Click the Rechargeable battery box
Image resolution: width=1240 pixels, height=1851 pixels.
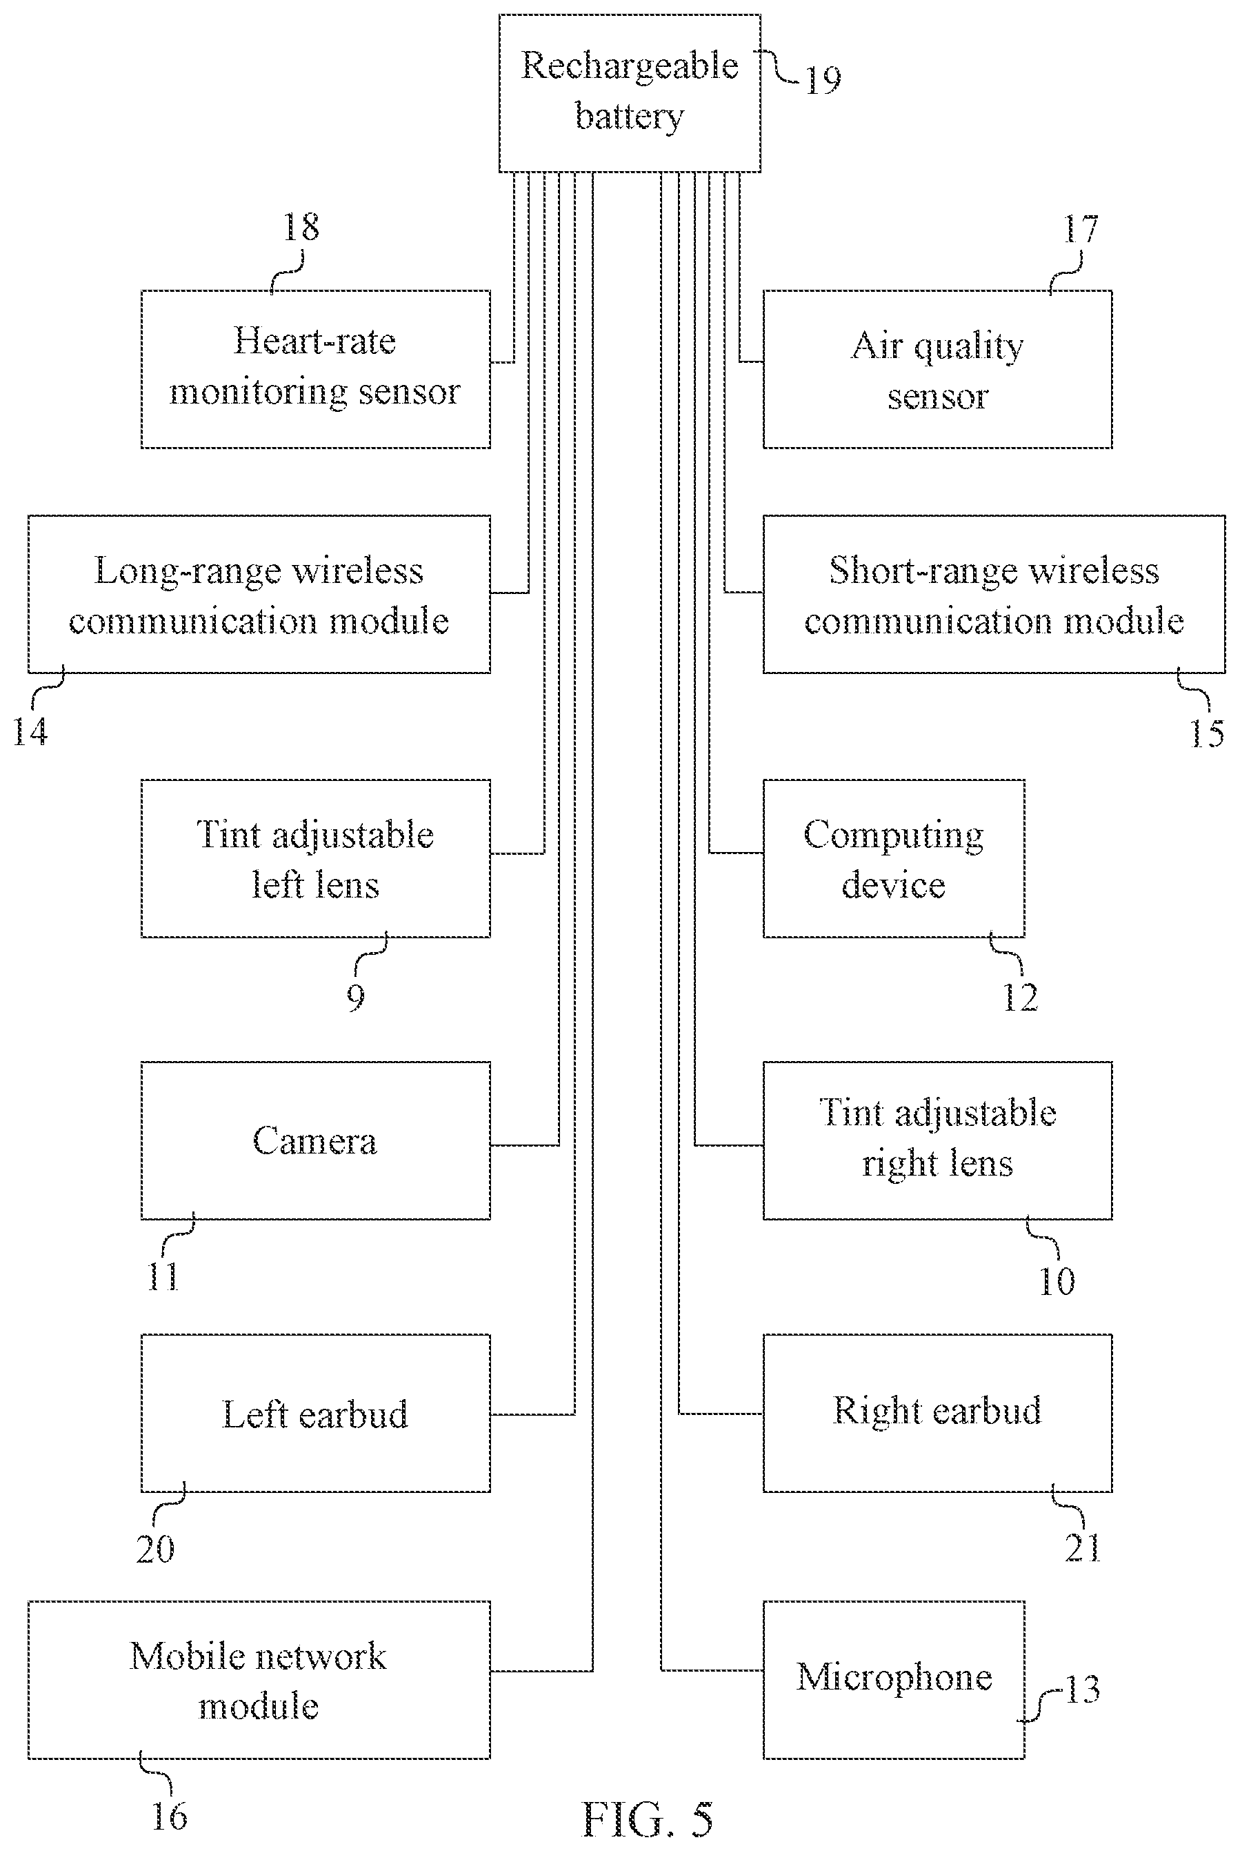click(x=630, y=92)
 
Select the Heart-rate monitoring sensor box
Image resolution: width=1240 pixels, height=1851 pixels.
click(x=316, y=368)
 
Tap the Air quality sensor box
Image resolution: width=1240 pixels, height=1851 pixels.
click(x=937, y=368)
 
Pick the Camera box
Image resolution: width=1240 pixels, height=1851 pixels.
click(x=316, y=1140)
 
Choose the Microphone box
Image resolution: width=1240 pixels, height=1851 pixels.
click(x=894, y=1679)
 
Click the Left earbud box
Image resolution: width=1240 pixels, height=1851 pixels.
click(x=316, y=1413)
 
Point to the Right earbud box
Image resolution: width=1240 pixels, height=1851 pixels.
click(x=937, y=1413)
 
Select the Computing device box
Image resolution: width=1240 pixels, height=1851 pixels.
click(x=894, y=858)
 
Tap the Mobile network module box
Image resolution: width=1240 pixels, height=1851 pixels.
click(x=259, y=1679)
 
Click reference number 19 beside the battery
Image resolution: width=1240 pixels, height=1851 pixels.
click(x=823, y=80)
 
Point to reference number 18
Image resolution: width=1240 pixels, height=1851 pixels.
click(x=301, y=227)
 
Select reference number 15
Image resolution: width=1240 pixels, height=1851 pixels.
click(x=1207, y=733)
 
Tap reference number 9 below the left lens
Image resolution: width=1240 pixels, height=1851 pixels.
click(x=356, y=997)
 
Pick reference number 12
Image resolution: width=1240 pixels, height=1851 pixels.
click(x=1020, y=998)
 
